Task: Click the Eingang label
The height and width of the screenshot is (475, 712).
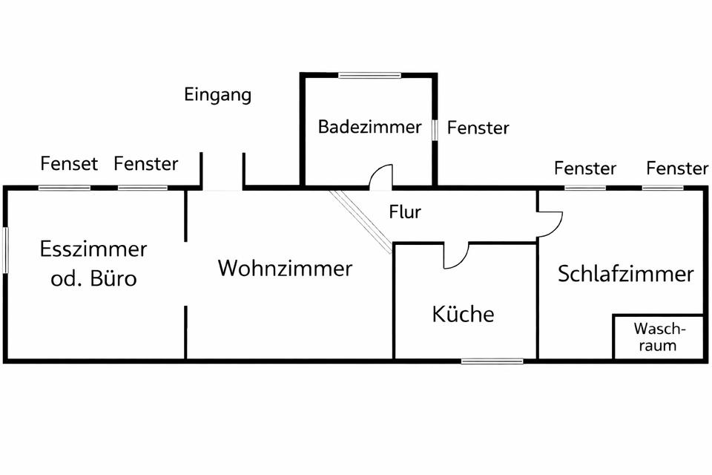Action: click(x=218, y=95)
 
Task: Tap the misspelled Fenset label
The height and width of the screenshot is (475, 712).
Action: click(x=69, y=163)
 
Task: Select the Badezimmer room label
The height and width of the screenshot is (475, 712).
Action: click(x=369, y=126)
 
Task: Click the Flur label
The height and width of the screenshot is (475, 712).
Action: click(x=405, y=212)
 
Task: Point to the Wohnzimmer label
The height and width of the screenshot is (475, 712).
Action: click(x=285, y=268)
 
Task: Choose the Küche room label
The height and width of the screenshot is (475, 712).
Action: click(x=463, y=314)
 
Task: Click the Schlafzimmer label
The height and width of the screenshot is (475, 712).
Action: click(x=625, y=274)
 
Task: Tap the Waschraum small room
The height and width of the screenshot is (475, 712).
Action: click(x=659, y=337)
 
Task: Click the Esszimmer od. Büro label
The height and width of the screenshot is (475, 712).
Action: click(x=93, y=263)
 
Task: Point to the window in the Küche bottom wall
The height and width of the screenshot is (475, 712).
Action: click(x=492, y=361)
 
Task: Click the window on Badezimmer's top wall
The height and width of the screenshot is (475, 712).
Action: click(x=370, y=75)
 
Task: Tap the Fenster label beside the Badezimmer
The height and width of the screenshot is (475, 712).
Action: click(x=478, y=128)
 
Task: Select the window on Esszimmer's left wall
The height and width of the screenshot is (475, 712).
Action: click(x=5, y=250)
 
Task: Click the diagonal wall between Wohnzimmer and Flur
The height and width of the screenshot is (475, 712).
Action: click(x=361, y=220)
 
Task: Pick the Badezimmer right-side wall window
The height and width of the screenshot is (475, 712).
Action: click(x=435, y=128)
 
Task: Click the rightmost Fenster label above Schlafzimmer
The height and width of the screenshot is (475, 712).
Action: click(x=676, y=168)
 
